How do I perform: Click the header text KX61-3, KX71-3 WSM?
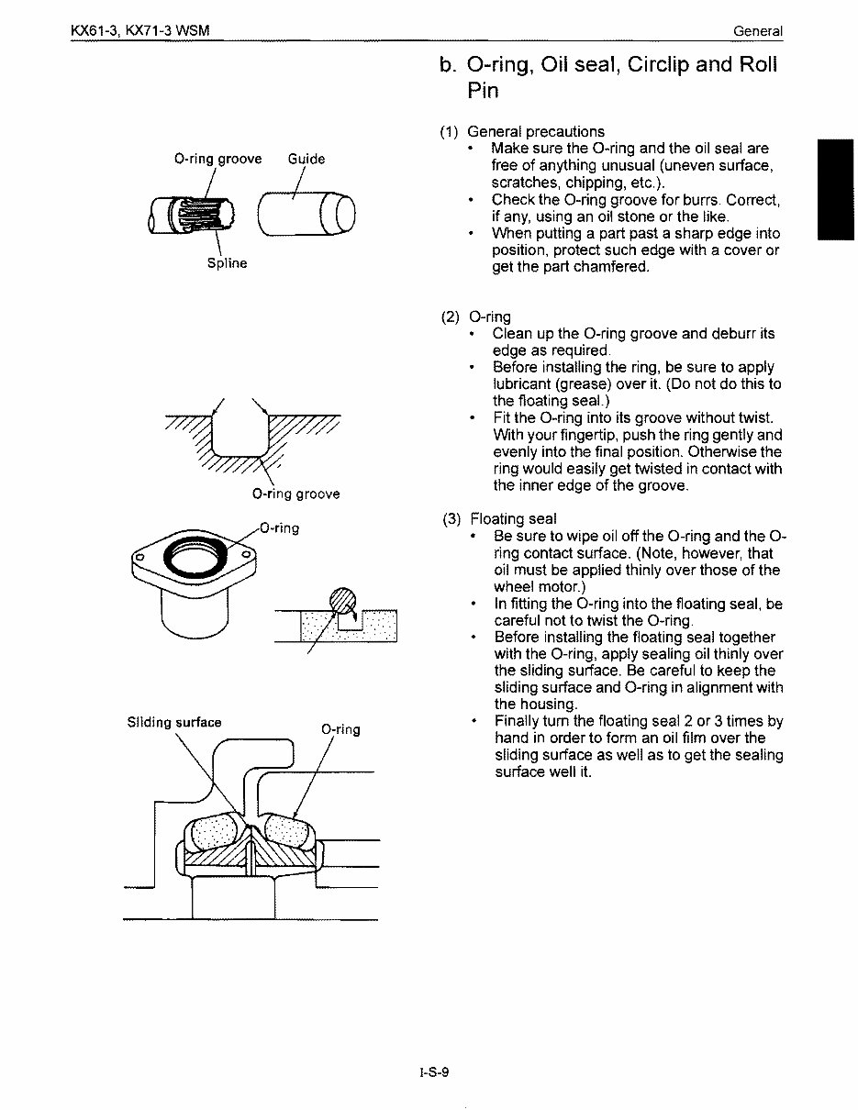click(x=140, y=31)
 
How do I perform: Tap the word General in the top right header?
click(x=757, y=31)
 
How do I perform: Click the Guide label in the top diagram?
click(x=306, y=159)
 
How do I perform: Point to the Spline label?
click(x=226, y=262)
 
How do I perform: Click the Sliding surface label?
click(x=174, y=722)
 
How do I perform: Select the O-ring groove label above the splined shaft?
click(x=217, y=159)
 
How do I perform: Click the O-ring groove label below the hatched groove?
click(x=295, y=494)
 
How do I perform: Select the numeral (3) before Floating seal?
click(x=451, y=519)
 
